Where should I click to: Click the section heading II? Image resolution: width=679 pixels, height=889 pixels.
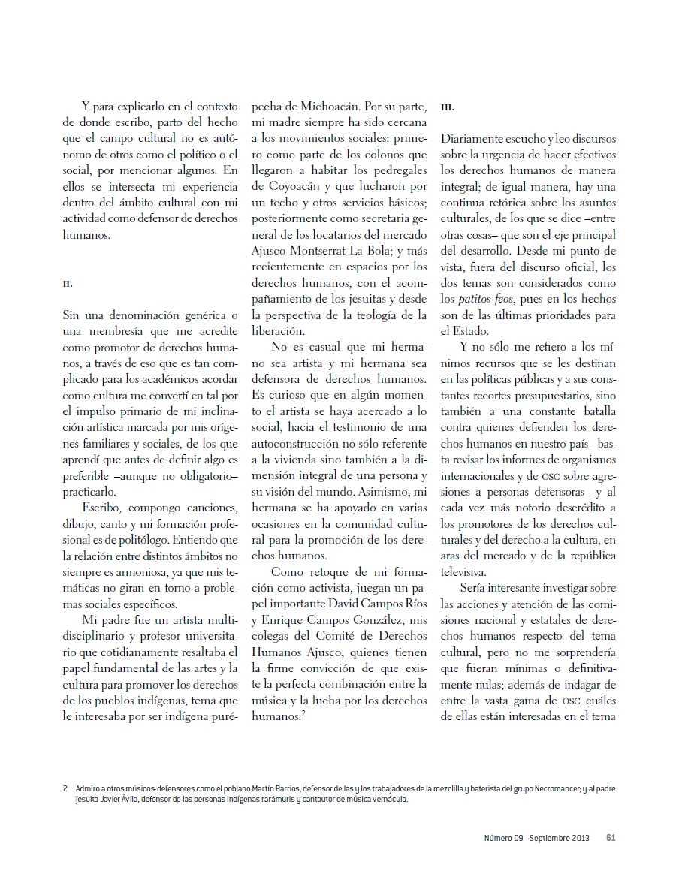click(x=67, y=285)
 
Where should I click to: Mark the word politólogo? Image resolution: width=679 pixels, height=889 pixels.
click(x=191, y=540)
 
